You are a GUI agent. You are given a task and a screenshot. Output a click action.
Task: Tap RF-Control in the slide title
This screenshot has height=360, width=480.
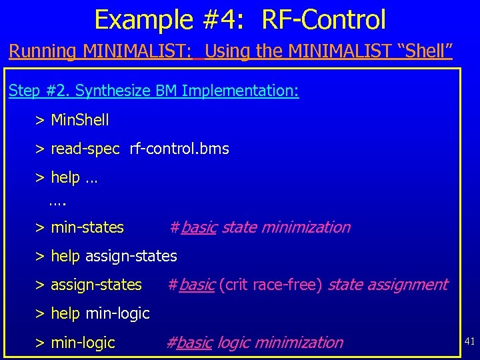click(323, 19)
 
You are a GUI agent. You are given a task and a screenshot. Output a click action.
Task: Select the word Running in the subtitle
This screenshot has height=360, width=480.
click(43, 51)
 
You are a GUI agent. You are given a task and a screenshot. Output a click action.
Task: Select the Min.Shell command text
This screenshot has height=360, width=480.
click(79, 120)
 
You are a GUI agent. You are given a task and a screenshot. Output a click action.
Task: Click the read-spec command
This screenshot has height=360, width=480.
click(85, 149)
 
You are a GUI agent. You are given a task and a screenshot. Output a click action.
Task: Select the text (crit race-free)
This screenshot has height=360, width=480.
click(271, 285)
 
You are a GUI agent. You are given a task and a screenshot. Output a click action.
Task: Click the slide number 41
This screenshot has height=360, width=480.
click(469, 341)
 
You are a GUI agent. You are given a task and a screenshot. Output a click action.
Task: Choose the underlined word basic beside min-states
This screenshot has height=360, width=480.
click(198, 227)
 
